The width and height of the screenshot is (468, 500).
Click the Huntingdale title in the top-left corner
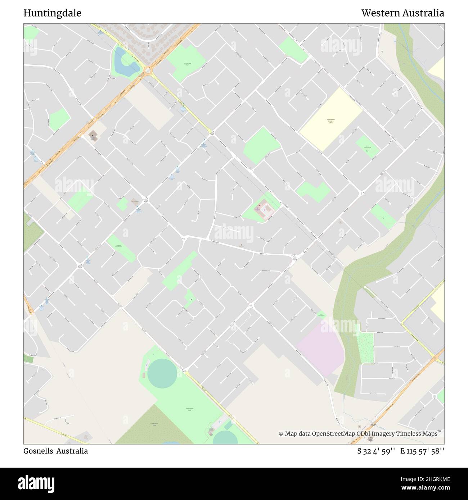point(52,13)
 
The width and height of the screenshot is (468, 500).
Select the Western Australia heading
point(402,13)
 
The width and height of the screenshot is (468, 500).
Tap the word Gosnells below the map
point(38,451)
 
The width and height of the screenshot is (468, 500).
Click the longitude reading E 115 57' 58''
point(422,451)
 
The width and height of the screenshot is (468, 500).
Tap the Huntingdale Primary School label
point(330,121)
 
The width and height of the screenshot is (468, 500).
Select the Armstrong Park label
point(188,64)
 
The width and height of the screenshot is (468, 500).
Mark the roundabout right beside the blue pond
point(148,71)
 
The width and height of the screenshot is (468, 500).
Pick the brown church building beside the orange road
point(93,136)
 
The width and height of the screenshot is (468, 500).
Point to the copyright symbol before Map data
point(281,434)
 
